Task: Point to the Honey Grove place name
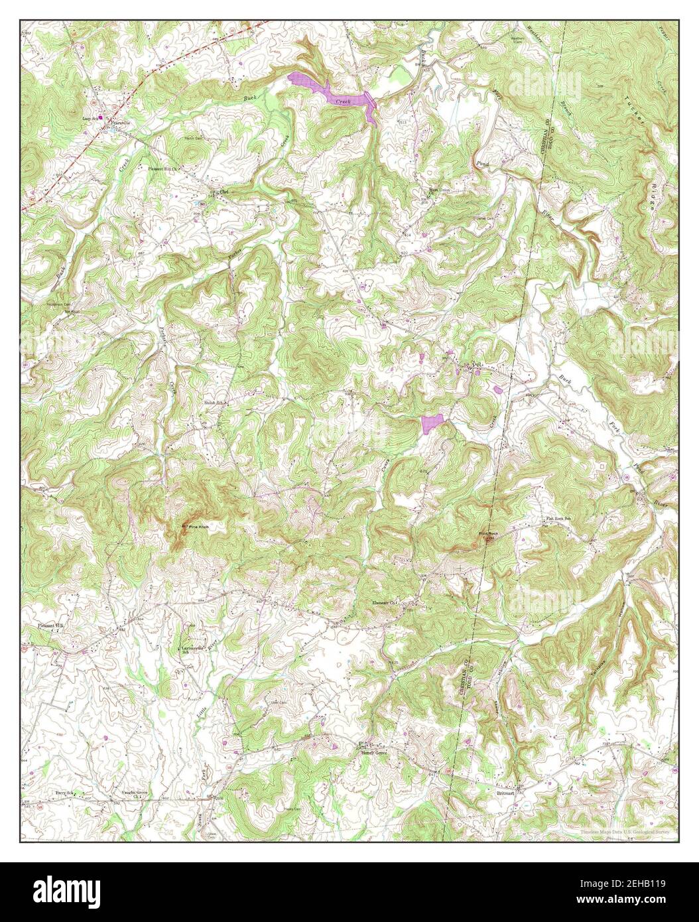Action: tap(373, 753)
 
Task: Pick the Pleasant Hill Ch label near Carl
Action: tap(162, 168)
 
